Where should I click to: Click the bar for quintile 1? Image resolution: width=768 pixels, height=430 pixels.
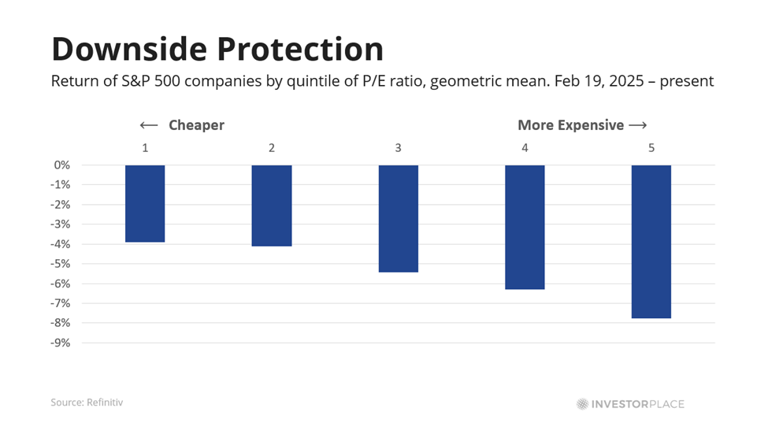tap(145, 203)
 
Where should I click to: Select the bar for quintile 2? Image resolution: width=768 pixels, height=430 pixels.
tap(272, 206)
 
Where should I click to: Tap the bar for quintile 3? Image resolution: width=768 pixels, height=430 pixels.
tap(399, 218)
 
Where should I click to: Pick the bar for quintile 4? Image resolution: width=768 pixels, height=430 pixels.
tap(525, 227)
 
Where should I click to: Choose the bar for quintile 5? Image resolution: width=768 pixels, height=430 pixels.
tap(651, 241)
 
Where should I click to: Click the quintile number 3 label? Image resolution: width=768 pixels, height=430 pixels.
tap(399, 147)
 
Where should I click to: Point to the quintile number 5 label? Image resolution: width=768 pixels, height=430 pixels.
tap(651, 147)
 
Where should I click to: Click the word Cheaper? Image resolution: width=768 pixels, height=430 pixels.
tap(196, 125)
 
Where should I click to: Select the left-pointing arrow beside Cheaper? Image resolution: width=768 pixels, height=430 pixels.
tap(149, 125)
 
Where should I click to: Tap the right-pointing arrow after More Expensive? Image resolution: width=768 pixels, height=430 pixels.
tap(639, 125)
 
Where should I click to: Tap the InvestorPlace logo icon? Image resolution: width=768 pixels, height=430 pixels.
tap(582, 404)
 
